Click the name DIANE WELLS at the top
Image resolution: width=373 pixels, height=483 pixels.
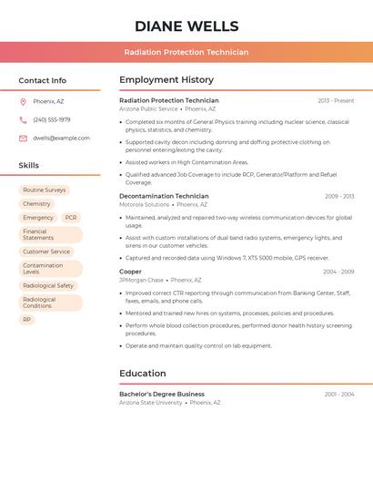pos(186,26)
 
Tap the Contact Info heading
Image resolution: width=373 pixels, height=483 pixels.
pos(42,80)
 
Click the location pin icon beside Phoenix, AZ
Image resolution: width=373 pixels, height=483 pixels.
pos(23,101)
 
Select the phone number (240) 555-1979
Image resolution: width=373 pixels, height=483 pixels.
pos(52,119)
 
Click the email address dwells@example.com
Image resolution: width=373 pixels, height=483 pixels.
pos(61,138)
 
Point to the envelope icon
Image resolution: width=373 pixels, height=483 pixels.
pos(23,139)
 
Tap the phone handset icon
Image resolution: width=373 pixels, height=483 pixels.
pos(23,119)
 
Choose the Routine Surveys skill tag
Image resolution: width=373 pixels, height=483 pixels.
pos(45,190)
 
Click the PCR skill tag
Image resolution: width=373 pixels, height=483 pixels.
pos(71,218)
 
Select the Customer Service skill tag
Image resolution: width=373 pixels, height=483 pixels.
pos(46,252)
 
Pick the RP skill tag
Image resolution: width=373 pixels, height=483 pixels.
pos(27,320)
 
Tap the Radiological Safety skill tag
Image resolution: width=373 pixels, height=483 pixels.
pos(48,285)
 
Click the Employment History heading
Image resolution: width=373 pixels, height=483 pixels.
pos(166,80)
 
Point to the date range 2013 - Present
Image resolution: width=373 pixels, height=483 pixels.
pos(336,100)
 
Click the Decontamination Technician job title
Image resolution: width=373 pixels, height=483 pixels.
pos(164,196)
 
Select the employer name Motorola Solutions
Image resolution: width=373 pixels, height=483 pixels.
pos(145,205)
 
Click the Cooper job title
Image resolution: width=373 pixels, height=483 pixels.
pos(130,272)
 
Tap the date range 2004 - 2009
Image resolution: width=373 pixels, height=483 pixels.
pos(338,272)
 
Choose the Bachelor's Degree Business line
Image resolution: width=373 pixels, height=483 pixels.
pos(162,394)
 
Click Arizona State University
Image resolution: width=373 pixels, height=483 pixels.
pos(151,403)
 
